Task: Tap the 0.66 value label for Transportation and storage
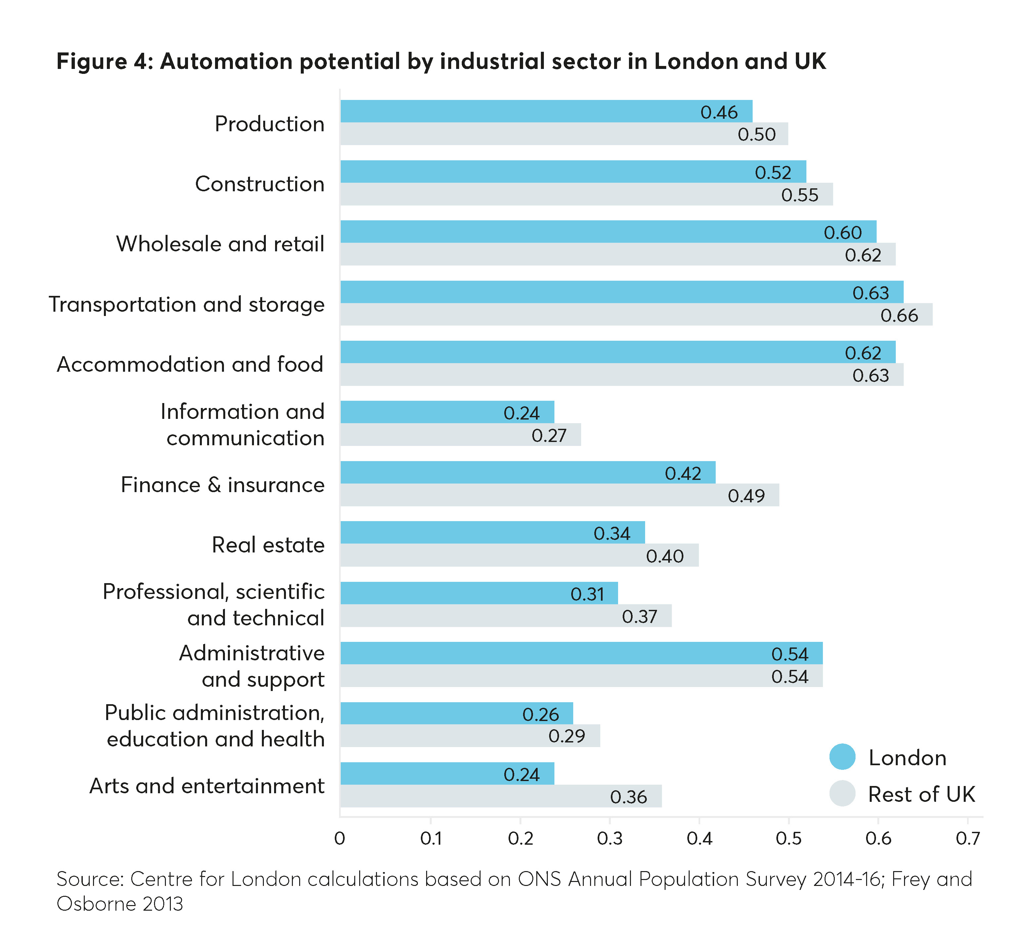tap(899, 315)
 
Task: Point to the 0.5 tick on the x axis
tap(788, 838)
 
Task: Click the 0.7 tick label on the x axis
tap(967, 838)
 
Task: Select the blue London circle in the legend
tap(842, 757)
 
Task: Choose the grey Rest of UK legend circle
tap(842, 794)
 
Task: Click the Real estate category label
tap(268, 545)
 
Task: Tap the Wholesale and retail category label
tap(220, 244)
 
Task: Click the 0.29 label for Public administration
tap(567, 736)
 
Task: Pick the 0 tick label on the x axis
tap(339, 838)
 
